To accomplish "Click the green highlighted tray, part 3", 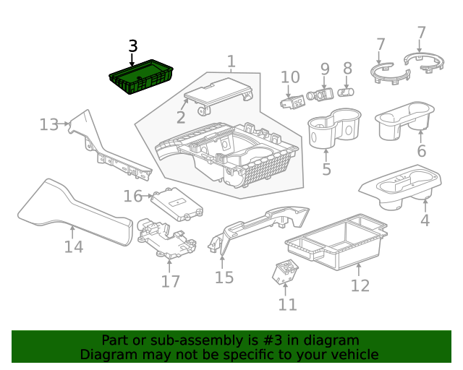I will pyautogui.click(x=142, y=78).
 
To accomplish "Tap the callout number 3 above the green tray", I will pyautogui.click(x=132, y=46).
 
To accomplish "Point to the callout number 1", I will pyautogui.click(x=231, y=62).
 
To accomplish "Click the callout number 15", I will pyautogui.click(x=224, y=277).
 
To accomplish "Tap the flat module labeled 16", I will pyautogui.click(x=174, y=202).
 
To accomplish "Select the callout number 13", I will pyautogui.click(x=48, y=125).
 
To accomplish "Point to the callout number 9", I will pyautogui.click(x=325, y=70).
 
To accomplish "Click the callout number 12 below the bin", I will pyautogui.click(x=360, y=285).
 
